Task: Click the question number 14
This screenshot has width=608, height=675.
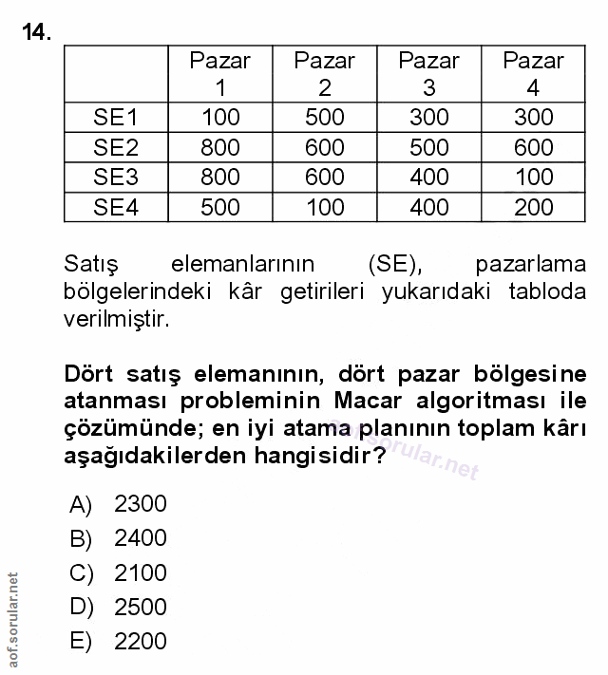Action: (36, 33)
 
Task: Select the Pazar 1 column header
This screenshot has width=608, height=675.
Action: (220, 74)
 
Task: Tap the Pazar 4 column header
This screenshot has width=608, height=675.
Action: (533, 74)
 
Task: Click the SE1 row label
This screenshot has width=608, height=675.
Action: (116, 118)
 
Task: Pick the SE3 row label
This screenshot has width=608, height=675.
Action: (116, 177)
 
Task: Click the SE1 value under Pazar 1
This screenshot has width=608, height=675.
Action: (220, 118)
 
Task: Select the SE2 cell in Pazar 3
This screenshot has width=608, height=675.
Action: (429, 147)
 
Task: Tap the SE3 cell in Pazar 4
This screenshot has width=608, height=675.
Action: (533, 177)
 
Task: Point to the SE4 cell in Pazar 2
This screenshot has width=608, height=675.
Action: (325, 207)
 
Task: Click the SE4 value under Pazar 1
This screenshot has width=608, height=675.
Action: (220, 207)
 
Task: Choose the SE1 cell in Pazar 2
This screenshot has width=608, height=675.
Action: (325, 118)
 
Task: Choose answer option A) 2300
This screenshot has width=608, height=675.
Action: (119, 504)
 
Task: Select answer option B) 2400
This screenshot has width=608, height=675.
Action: (119, 538)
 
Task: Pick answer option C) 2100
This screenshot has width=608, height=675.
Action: (119, 572)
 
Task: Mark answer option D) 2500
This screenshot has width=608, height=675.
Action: (119, 607)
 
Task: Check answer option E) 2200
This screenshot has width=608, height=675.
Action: (119, 641)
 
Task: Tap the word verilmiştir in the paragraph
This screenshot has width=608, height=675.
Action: (116, 318)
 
